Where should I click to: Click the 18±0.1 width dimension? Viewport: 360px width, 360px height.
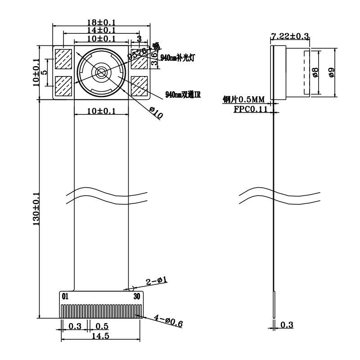point(101,22)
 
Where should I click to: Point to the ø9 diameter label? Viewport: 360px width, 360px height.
point(332,72)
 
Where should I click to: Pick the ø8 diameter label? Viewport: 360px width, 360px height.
point(315,72)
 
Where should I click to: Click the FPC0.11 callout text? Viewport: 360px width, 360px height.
point(250,109)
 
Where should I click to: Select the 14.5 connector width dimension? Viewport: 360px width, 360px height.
point(101,336)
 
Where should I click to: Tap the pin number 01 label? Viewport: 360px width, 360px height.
point(65,297)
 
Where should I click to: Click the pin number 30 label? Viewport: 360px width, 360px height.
point(137,297)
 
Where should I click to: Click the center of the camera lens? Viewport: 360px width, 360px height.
point(100,72)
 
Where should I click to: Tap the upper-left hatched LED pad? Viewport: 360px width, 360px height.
point(63,59)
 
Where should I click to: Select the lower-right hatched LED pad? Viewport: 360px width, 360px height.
point(139,86)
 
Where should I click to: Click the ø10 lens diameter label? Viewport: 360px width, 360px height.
point(156,112)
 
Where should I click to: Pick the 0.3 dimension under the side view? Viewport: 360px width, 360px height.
point(287,325)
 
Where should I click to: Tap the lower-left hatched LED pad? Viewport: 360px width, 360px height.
point(63,86)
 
